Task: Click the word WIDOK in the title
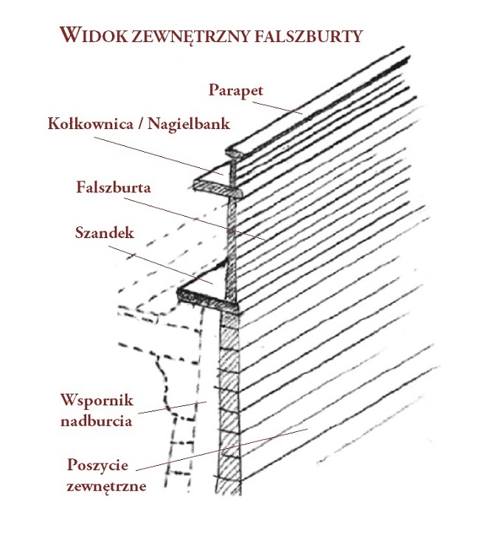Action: (94, 35)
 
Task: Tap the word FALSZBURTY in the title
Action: (309, 36)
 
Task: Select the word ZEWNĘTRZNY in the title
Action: (191, 37)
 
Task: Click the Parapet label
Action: (236, 91)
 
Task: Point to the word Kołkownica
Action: (91, 124)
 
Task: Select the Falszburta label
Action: (114, 187)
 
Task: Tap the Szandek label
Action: (105, 233)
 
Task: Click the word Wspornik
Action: (97, 401)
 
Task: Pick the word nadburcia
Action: (97, 421)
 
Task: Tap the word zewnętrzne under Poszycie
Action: (106, 486)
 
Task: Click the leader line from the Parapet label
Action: (277, 108)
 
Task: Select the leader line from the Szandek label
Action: (161, 265)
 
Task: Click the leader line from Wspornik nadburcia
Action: (173, 408)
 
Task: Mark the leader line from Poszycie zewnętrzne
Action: (221, 450)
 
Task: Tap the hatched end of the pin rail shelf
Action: (218, 189)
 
